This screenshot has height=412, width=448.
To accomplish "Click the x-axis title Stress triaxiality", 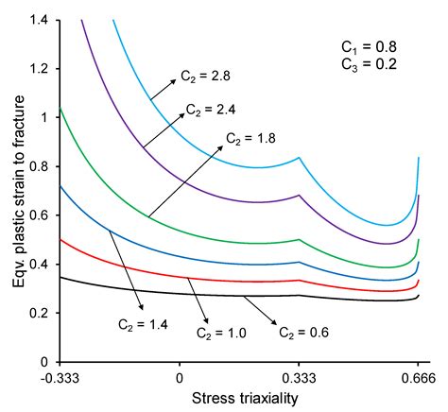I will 240,398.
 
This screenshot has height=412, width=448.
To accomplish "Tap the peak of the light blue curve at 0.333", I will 300,158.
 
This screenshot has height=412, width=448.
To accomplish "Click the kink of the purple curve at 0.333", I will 300,196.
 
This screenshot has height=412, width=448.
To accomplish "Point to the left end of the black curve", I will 60,277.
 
